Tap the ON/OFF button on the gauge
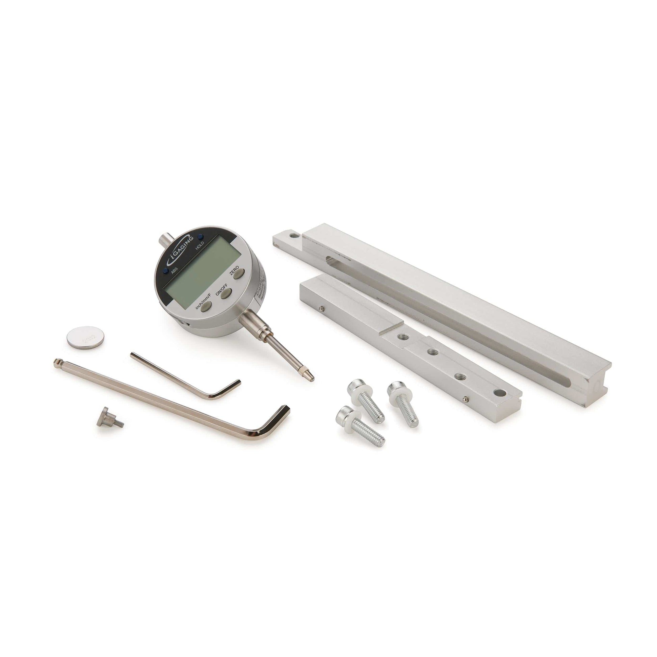coord(226,293)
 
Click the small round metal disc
coord(85,337)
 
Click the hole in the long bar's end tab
coord(293,235)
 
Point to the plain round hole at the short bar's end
coord(500,393)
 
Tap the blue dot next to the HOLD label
coord(200,236)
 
